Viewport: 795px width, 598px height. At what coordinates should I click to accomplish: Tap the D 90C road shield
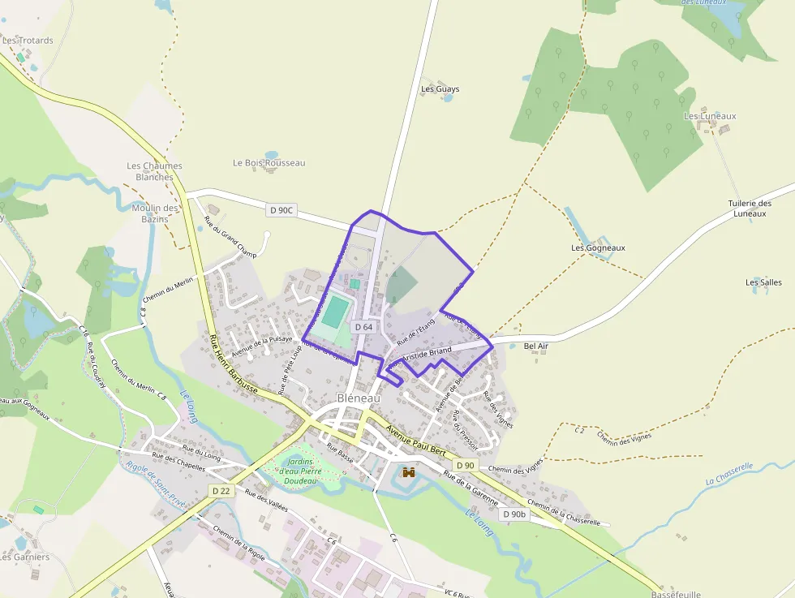[281, 210]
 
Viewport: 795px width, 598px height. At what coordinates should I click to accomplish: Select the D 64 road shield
[363, 327]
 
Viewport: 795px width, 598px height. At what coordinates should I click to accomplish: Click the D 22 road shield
[221, 491]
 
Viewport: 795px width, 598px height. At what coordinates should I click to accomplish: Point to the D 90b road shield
[514, 514]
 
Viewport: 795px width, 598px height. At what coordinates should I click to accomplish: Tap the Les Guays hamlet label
[440, 89]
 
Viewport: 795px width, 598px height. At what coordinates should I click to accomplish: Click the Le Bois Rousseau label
[269, 163]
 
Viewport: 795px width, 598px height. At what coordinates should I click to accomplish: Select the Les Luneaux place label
[710, 116]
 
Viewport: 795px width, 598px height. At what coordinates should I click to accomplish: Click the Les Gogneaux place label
[598, 247]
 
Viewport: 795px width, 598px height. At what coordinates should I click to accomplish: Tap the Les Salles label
[763, 282]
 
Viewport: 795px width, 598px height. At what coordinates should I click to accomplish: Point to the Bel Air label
[536, 346]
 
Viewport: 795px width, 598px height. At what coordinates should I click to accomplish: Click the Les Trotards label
[28, 41]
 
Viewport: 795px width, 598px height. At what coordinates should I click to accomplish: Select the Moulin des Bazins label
[154, 213]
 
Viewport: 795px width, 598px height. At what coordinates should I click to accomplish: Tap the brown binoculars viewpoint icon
[409, 472]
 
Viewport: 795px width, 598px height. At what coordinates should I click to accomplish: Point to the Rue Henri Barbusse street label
[233, 366]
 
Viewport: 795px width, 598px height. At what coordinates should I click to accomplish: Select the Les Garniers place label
[25, 557]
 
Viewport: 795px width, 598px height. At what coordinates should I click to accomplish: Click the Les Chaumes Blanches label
[154, 171]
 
